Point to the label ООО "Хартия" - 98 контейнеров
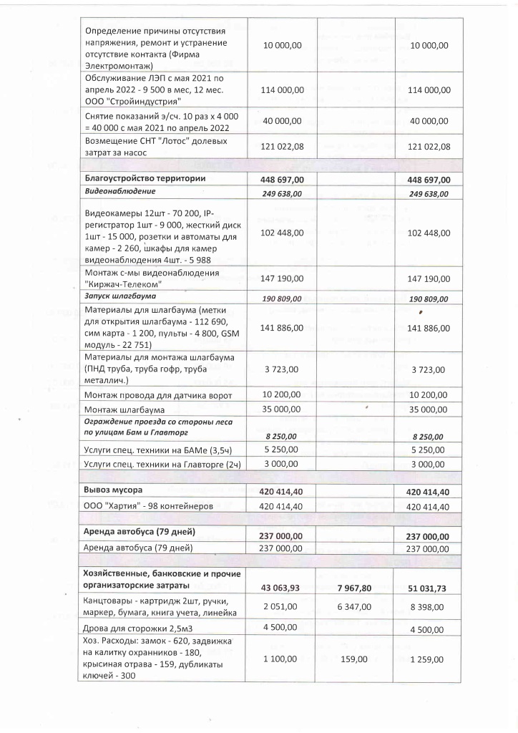(x=149, y=505)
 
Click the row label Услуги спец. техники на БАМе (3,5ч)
(x=156, y=450)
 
